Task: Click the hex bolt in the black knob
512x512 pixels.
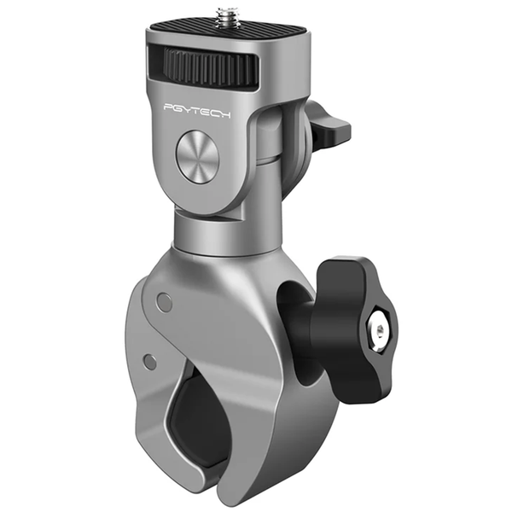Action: [380, 331]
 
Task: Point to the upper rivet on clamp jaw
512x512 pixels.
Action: [164, 301]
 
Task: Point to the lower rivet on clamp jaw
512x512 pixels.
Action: [150, 362]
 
